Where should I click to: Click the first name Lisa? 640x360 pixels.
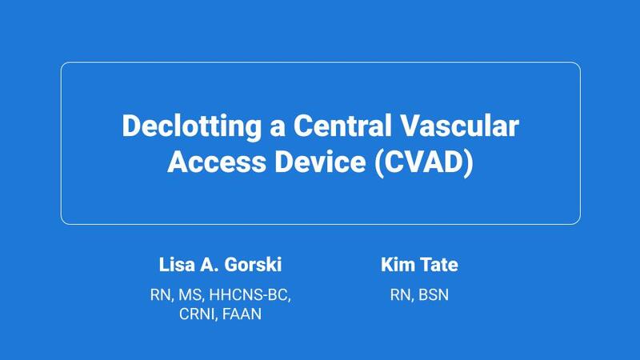(x=174, y=265)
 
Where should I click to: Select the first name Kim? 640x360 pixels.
(x=397, y=265)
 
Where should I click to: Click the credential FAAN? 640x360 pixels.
(x=243, y=314)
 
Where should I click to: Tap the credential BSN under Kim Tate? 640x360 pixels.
(x=432, y=295)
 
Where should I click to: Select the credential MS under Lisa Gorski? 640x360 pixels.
(x=189, y=295)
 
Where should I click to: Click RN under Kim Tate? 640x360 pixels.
(x=398, y=295)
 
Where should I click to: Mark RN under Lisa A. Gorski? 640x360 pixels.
(x=162, y=295)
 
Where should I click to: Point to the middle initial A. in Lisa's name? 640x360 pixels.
(x=205, y=265)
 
